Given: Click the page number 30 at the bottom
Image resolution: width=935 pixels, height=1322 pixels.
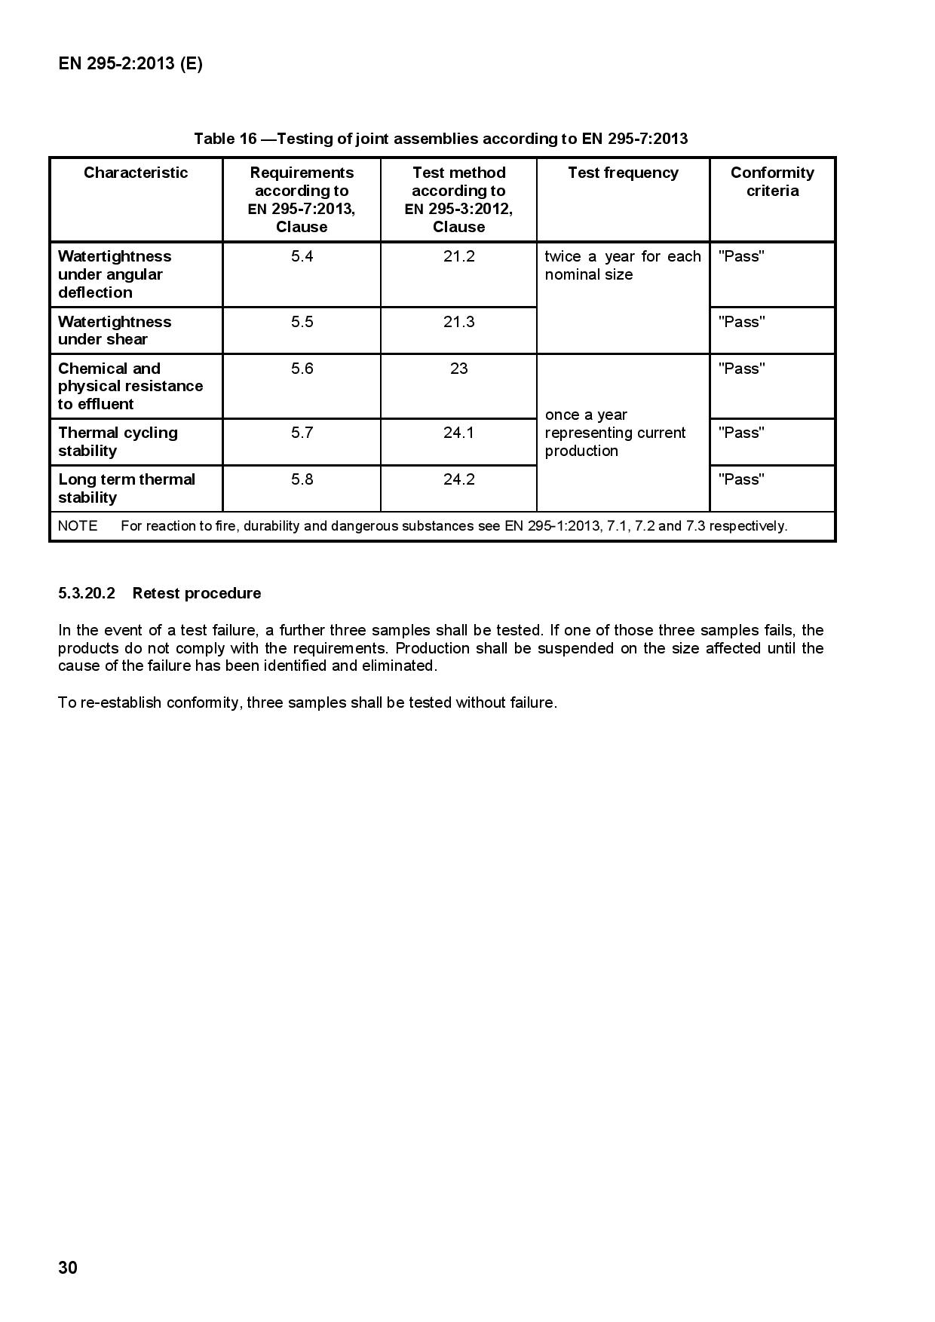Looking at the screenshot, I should [68, 1268].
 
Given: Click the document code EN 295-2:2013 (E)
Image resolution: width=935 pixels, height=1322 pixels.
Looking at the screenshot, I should [130, 64].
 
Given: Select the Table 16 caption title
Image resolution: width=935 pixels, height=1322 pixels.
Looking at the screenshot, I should [440, 139].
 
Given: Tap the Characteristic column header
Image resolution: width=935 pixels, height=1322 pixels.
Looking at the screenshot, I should [136, 173].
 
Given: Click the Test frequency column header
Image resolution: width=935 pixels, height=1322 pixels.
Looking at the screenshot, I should [623, 173].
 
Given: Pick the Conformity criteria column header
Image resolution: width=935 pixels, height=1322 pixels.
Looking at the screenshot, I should [772, 182].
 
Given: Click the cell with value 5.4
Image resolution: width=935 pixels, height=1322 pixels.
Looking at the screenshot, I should [302, 256].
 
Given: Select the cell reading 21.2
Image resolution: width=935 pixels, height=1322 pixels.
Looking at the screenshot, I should [458, 256].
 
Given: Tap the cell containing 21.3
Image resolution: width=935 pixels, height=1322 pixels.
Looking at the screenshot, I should [458, 322].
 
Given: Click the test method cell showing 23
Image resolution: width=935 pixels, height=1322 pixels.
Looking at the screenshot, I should [458, 369].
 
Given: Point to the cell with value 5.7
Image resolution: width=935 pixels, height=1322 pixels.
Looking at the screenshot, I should [302, 433].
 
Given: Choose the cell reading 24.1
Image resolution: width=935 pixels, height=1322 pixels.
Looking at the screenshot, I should [458, 433].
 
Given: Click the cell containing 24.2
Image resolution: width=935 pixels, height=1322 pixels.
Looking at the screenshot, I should [458, 479].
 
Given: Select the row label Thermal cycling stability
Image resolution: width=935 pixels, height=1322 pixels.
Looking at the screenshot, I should [118, 442].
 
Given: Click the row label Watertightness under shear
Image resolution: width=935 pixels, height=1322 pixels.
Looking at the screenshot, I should [115, 330].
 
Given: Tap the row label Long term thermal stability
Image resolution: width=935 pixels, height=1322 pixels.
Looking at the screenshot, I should [127, 488].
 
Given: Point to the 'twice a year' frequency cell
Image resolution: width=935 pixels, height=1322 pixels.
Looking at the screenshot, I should [623, 265].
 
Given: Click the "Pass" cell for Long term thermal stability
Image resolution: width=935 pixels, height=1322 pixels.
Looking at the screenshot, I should [741, 479].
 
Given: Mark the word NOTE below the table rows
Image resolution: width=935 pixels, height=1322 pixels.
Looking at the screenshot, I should [78, 526].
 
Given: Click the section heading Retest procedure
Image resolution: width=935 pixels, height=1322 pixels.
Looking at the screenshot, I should [196, 593].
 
